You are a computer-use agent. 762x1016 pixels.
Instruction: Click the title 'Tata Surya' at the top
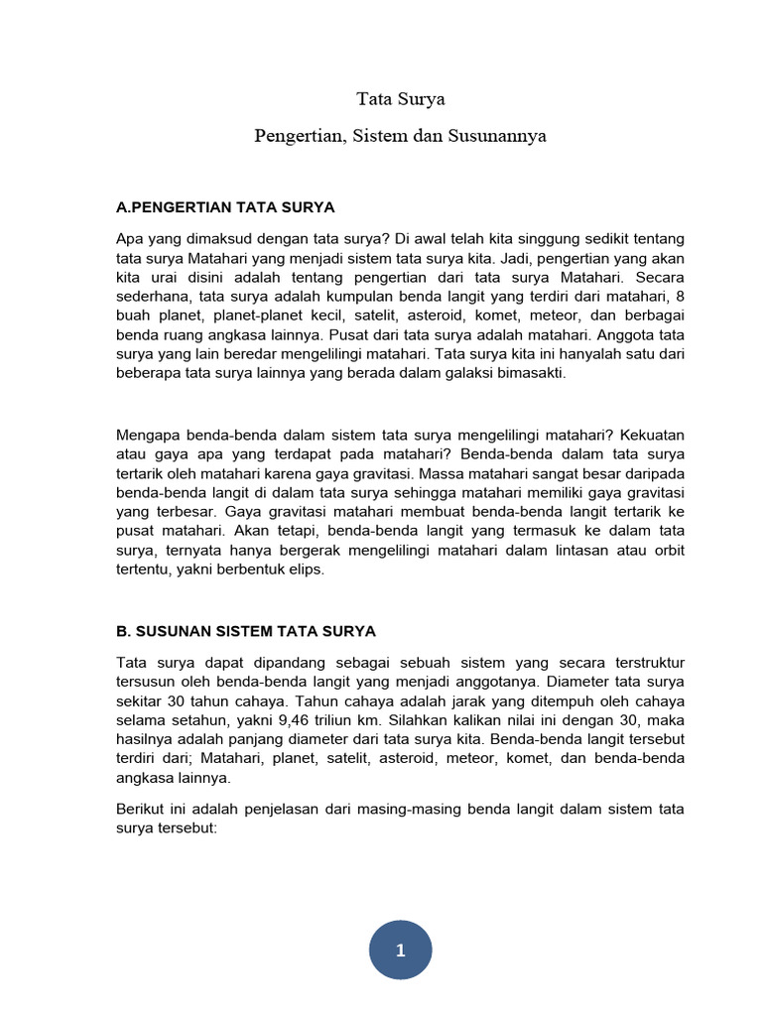(401, 99)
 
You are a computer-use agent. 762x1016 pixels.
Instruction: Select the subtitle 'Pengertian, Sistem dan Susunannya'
(400, 136)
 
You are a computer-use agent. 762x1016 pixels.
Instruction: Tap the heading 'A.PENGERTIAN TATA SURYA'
(226, 207)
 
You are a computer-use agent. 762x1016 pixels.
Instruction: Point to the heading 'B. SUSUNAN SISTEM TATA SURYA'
(246, 631)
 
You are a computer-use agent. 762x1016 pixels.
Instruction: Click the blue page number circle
(400, 951)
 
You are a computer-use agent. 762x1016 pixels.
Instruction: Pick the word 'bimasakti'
(530, 373)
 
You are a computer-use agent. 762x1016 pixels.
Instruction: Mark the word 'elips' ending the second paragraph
(305, 571)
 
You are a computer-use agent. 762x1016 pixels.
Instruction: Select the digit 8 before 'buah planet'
(680, 297)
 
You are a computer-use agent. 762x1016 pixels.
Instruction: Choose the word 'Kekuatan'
(651, 436)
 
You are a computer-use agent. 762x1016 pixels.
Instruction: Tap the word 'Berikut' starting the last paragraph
(140, 810)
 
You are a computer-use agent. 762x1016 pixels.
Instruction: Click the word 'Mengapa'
(148, 436)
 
